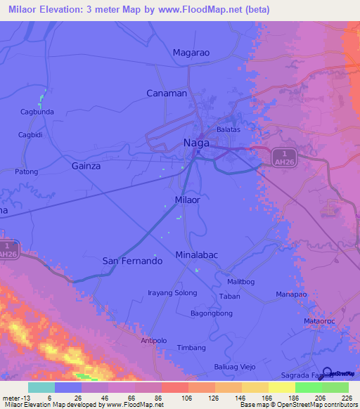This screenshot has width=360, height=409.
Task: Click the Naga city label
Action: (196, 143)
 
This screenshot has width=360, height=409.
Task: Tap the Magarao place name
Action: (191, 53)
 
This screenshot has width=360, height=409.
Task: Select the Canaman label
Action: (167, 93)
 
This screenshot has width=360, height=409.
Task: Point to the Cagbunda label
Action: (37, 112)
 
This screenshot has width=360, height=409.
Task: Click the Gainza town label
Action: (86, 166)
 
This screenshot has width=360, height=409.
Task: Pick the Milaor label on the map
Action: (187, 200)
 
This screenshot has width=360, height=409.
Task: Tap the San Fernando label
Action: (133, 260)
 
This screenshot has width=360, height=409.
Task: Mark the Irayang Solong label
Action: (172, 292)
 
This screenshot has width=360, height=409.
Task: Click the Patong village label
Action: (27, 171)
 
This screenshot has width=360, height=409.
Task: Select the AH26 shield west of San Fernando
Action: (9, 249)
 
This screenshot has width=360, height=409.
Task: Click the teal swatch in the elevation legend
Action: (41, 387)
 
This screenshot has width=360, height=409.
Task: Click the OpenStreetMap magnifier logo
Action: (328, 372)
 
